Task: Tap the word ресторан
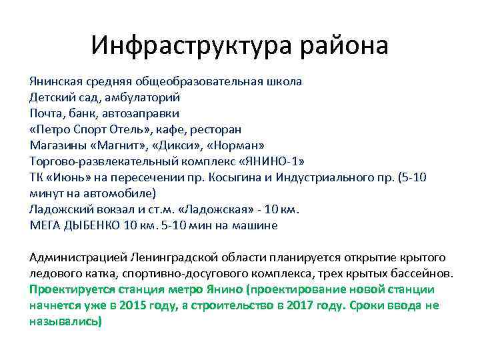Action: click(x=215, y=129)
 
